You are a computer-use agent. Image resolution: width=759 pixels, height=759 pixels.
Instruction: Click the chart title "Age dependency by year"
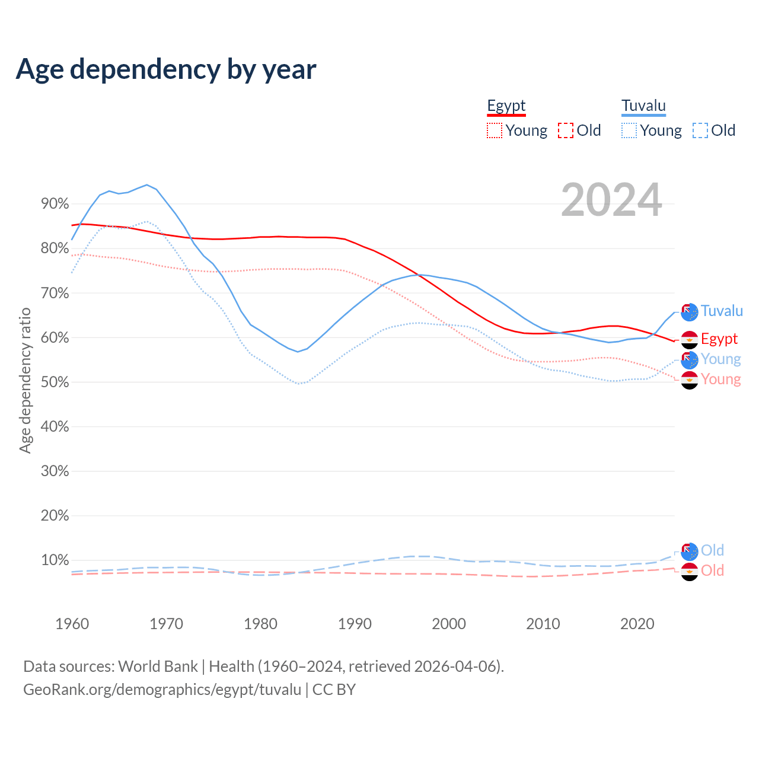166,69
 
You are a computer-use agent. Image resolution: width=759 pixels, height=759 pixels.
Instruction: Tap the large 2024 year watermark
611,200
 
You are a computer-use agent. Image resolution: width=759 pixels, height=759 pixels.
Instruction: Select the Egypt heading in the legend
506,106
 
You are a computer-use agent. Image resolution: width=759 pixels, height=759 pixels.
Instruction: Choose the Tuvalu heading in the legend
643,106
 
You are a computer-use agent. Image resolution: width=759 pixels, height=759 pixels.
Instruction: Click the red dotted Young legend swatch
494,130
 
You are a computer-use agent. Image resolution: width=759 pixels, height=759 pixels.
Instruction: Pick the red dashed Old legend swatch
566,130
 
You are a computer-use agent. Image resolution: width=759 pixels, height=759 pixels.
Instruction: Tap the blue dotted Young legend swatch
629,130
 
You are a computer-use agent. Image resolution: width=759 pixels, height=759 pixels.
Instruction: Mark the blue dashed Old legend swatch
700,130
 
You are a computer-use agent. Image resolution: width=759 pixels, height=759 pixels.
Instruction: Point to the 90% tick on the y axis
55,204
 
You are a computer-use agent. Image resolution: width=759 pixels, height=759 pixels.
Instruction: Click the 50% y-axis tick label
55,382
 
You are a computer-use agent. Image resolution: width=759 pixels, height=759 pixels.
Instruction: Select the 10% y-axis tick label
55,560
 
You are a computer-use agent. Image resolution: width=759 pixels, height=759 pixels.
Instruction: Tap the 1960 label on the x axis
72,624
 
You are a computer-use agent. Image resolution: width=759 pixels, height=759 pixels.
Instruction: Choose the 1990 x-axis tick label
355,624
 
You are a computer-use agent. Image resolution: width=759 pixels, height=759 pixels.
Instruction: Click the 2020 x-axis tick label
637,624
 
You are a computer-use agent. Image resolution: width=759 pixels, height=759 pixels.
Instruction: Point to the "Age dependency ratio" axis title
25,380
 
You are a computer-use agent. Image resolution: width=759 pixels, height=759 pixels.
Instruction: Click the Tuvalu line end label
722,311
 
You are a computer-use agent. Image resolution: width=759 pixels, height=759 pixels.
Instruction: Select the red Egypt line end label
719,339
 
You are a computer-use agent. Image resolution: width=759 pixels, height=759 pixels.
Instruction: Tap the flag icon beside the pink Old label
689,572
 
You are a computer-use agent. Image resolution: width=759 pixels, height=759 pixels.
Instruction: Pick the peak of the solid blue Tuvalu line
147,184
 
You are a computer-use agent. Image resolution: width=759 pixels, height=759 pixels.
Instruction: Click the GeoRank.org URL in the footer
162,690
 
